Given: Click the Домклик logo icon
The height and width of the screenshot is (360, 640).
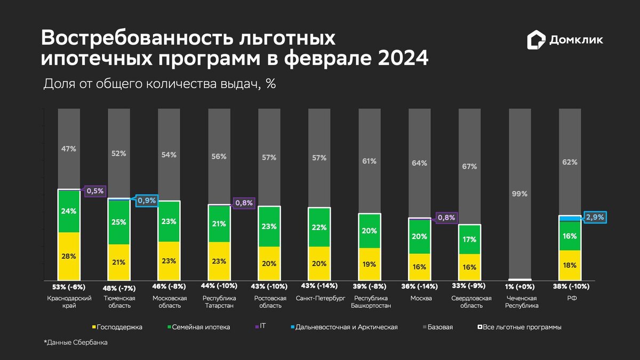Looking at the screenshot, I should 536,41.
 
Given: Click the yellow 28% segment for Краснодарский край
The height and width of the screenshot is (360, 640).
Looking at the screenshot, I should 69,256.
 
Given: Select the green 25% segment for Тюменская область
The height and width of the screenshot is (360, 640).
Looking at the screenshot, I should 119,222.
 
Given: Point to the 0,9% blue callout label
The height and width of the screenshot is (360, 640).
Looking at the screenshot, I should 146,201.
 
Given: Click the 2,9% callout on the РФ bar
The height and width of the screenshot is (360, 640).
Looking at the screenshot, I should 595,217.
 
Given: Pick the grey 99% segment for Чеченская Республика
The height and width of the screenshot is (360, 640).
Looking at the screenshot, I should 520,194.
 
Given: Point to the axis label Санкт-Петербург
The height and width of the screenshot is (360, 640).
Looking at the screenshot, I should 320,298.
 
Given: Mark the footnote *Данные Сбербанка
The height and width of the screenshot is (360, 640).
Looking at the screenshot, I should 75,342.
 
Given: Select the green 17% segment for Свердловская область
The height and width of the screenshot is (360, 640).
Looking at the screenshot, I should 470,239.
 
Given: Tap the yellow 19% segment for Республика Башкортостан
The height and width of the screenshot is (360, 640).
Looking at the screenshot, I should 370,263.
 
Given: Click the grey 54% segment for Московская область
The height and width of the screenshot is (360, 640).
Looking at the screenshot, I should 169,155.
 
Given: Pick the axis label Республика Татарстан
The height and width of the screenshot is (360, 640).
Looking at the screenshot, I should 219,302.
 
